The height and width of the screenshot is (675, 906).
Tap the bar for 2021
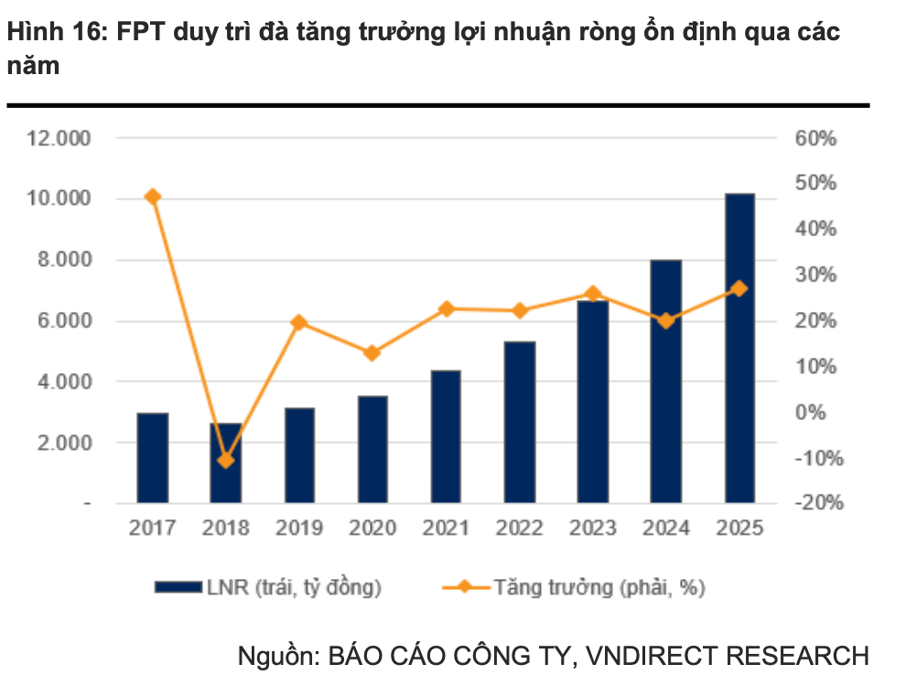[446, 436]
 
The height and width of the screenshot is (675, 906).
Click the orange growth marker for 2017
[153, 197]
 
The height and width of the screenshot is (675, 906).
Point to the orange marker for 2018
[226, 460]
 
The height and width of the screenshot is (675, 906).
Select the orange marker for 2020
[372, 353]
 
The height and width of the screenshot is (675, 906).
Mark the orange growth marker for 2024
[666, 321]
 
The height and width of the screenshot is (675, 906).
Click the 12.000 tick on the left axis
[59, 139]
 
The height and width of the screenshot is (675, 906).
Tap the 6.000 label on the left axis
[59, 321]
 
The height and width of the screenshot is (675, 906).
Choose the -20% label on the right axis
[816, 504]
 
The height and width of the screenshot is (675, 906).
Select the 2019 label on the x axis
[299, 529]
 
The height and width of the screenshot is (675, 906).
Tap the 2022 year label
[519, 529]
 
